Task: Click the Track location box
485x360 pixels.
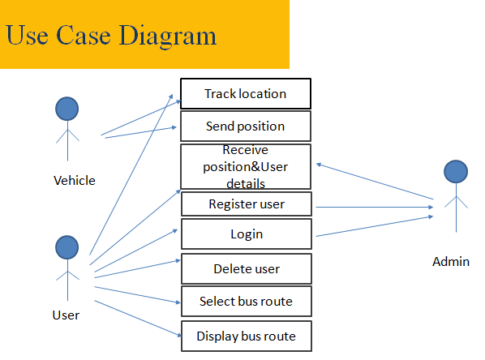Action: (246, 93)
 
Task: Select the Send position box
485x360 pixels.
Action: (246, 126)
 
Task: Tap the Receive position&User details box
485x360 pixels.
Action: (246, 166)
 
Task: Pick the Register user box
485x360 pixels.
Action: (247, 204)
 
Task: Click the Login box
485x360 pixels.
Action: (247, 234)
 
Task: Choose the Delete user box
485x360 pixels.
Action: (247, 268)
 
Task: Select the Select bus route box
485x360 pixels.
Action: (247, 301)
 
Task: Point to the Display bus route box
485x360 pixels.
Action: (247, 336)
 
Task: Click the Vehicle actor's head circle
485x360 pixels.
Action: (67, 109)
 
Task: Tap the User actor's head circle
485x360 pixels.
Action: (67, 247)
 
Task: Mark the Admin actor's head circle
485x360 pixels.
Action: (456, 171)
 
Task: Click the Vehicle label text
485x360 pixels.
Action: (75, 180)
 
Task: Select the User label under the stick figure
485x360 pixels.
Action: (66, 315)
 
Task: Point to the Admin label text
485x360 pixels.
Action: (451, 262)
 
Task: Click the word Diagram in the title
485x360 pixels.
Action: (167, 36)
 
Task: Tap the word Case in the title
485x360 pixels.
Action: (84, 35)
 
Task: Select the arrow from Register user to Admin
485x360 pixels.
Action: (374, 207)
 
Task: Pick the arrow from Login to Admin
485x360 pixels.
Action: (374, 226)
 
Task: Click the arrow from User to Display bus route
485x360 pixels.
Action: (138, 319)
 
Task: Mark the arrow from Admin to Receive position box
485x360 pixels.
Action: (375, 182)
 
